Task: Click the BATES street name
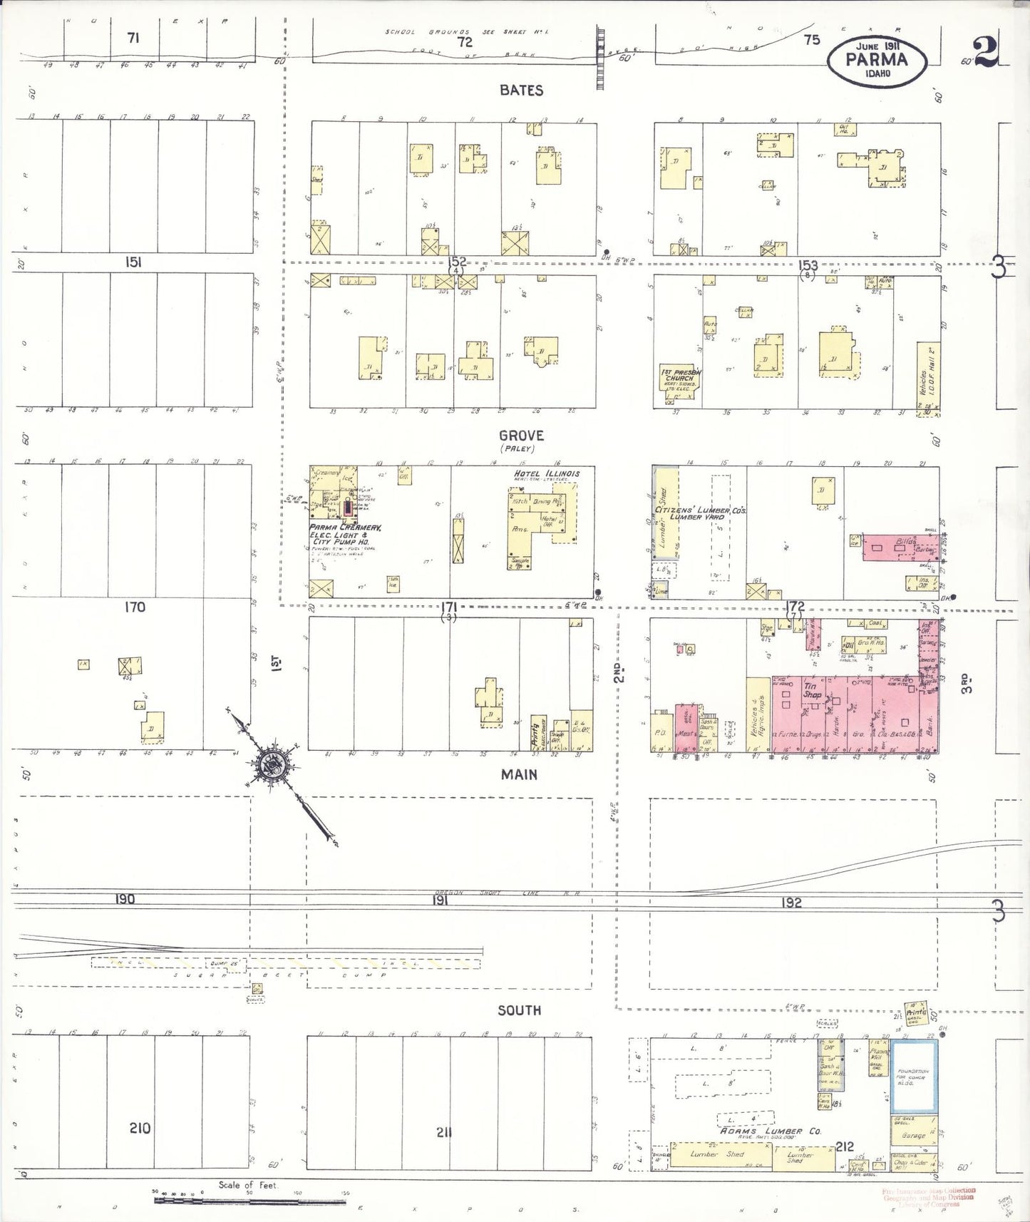tap(521, 91)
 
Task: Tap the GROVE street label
tap(521, 436)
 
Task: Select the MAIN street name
tap(519, 774)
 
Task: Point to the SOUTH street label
tap(519, 1010)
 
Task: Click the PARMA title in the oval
tap(877, 60)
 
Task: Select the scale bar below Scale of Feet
tap(249, 1201)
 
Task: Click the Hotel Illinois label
tap(547, 473)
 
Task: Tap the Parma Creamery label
tap(345, 528)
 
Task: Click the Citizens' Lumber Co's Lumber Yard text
tap(701, 513)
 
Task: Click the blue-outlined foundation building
tap(914, 1077)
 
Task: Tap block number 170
tap(135, 607)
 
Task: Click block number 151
tap(133, 262)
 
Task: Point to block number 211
tap(443, 1131)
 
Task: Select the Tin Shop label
tap(812, 690)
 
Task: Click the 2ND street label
tap(619, 672)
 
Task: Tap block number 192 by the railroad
tap(791, 903)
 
